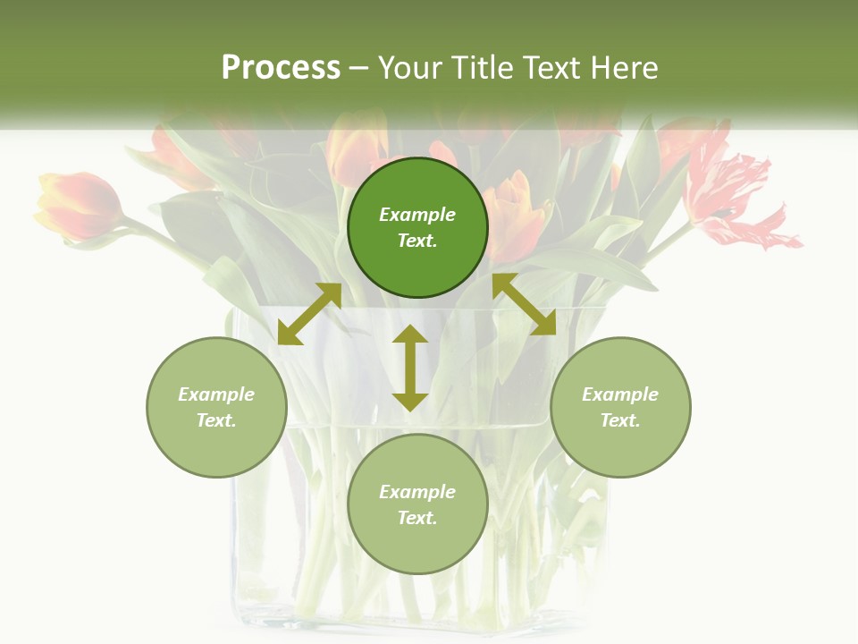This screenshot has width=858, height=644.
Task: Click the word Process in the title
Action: click(x=281, y=68)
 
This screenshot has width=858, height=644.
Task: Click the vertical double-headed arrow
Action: click(x=410, y=368)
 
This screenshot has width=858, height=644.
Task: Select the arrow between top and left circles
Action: click(x=309, y=314)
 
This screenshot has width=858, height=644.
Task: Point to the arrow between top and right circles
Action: click(x=524, y=304)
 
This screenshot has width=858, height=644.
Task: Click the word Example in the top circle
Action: click(x=417, y=215)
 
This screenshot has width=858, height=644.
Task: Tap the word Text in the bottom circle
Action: click(x=417, y=518)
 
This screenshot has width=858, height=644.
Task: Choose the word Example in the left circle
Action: click(x=216, y=394)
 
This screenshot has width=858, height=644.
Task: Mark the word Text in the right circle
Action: click(x=620, y=420)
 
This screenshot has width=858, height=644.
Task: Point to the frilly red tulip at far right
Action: click(x=733, y=192)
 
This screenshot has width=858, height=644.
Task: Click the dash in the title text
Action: click(x=358, y=69)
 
